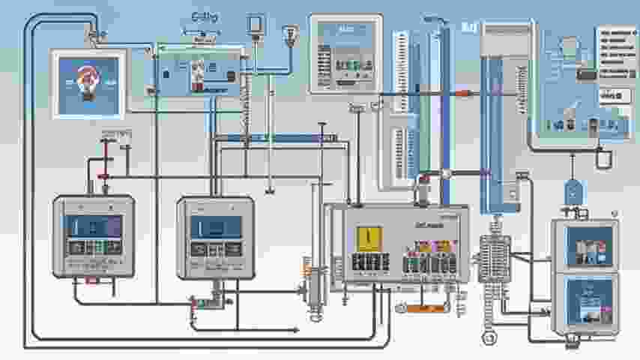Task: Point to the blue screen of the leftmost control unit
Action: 93,226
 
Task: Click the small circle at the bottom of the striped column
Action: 491,338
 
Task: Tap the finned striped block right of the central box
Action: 495,259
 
